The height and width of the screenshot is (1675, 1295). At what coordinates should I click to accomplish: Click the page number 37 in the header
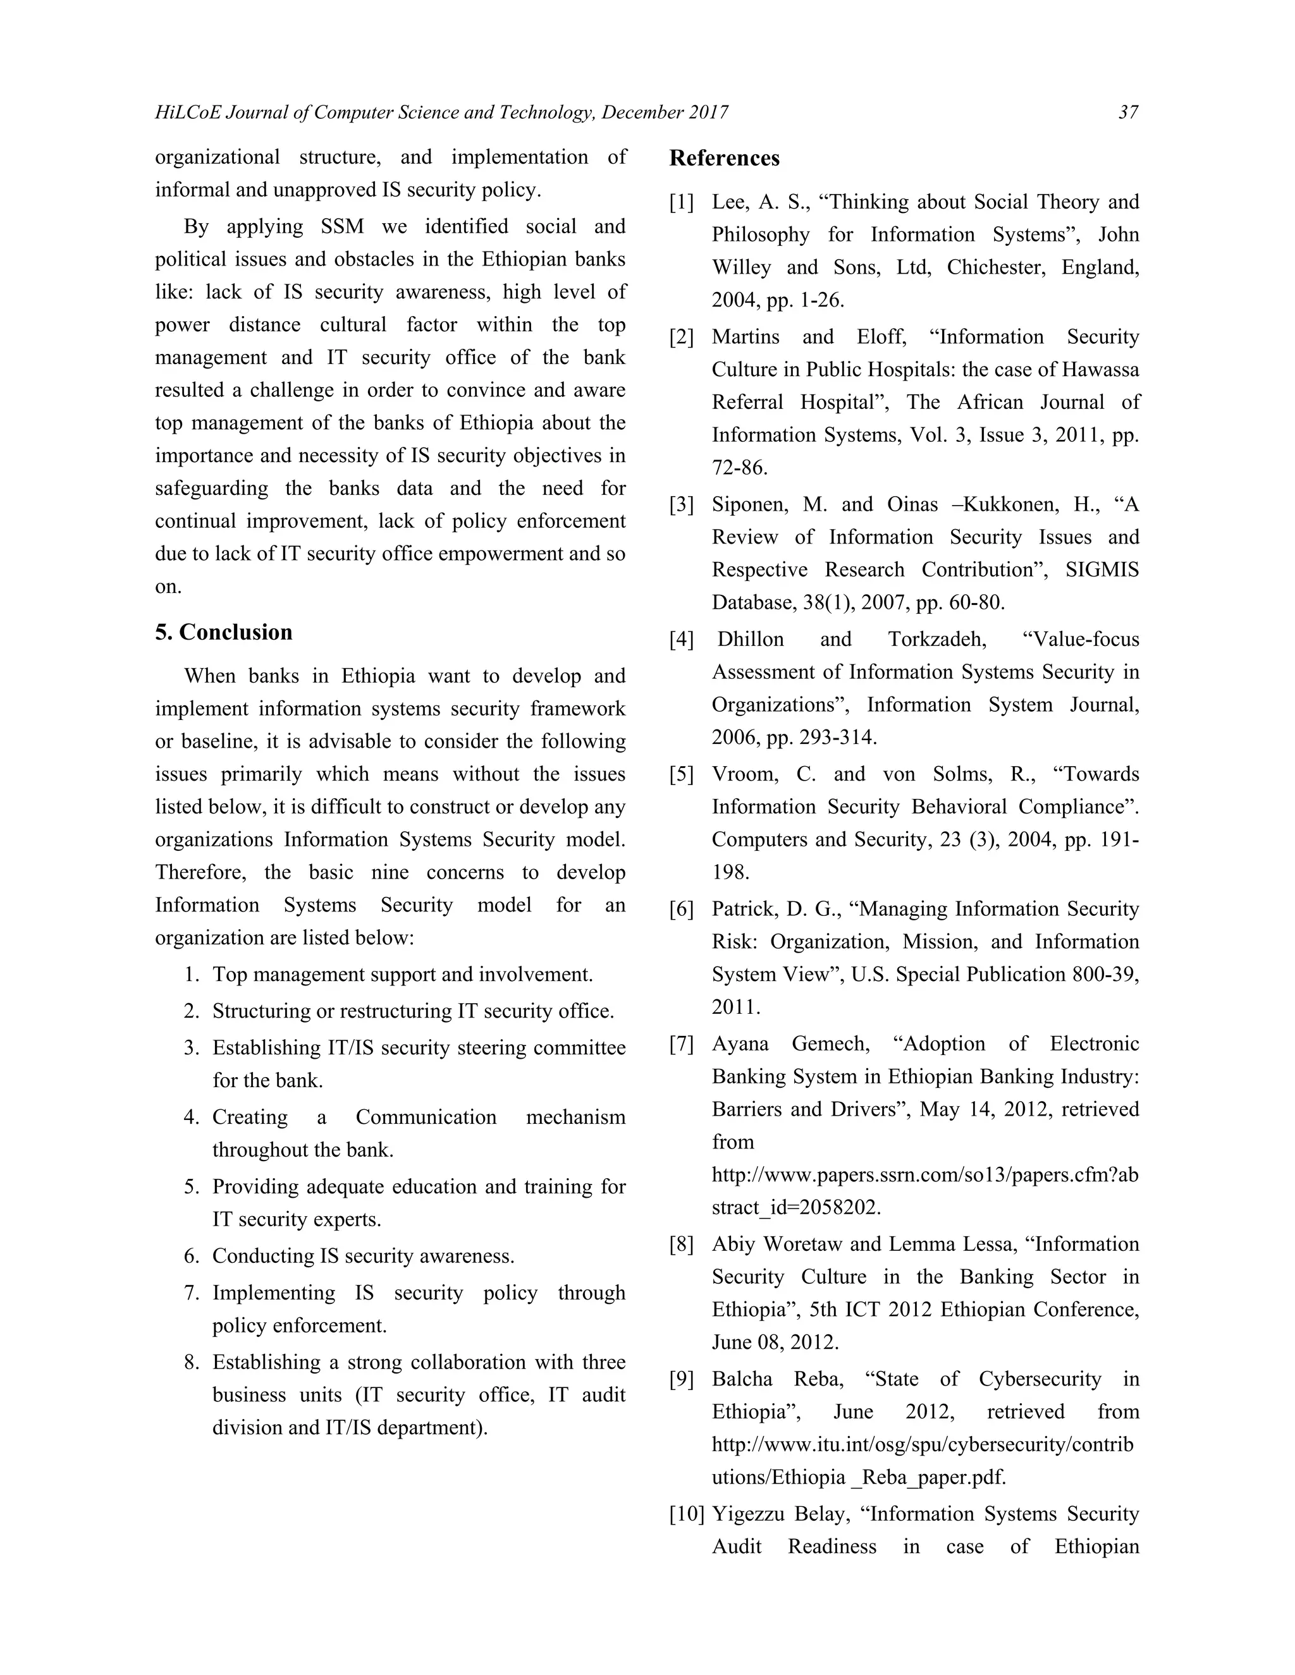[1128, 113]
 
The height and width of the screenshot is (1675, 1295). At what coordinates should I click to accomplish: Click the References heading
[724, 158]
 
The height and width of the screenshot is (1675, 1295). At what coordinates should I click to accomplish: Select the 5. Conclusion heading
[223, 632]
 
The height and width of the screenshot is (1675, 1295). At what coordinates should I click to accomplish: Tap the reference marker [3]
[681, 504]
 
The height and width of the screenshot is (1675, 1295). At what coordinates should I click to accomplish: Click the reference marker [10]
[687, 1514]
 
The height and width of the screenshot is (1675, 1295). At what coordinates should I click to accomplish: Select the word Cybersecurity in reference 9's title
[1040, 1379]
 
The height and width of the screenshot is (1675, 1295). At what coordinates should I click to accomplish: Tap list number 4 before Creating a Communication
[192, 1118]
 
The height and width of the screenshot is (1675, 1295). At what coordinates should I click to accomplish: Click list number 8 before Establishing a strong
[192, 1362]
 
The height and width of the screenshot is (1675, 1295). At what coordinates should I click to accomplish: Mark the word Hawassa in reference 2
[1100, 370]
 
